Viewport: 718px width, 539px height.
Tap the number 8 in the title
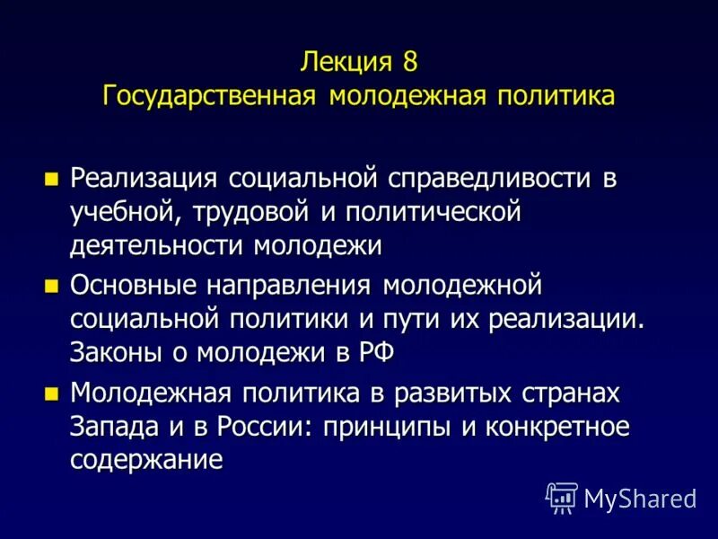[x=410, y=63]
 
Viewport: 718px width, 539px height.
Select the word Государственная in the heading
[x=210, y=95]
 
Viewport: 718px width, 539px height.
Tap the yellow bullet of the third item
[x=51, y=393]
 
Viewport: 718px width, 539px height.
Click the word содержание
[x=146, y=460]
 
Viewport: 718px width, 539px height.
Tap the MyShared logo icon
[x=562, y=497]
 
